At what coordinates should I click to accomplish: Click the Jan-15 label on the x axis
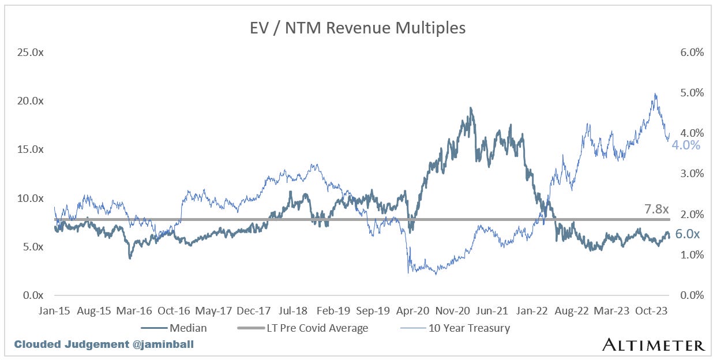pyautogui.click(x=55, y=310)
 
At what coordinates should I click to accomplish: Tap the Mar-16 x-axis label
pyautogui.click(x=134, y=310)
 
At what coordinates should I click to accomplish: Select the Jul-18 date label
pyautogui.click(x=293, y=310)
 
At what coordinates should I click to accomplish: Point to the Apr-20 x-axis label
pyautogui.click(x=412, y=310)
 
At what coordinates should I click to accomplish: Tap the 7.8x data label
pyautogui.click(x=656, y=209)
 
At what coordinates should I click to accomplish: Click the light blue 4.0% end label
pyautogui.click(x=686, y=145)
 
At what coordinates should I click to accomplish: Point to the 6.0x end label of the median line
pyautogui.click(x=687, y=234)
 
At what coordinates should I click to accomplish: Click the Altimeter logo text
pyautogui.click(x=653, y=345)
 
